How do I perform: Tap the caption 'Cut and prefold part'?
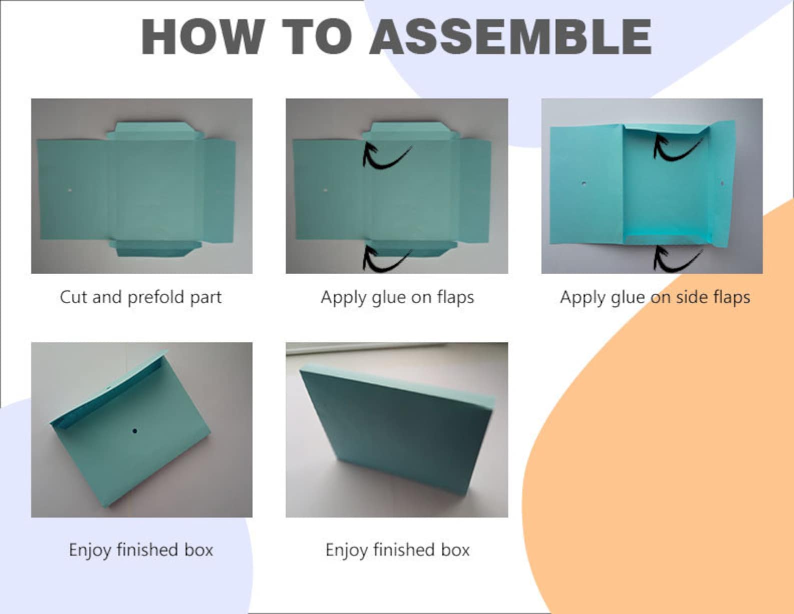140,297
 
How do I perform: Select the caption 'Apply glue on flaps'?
397,297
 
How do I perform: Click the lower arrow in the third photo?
675,259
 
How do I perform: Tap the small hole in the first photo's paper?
69,191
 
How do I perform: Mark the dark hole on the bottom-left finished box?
134,430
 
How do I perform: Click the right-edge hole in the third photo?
722,184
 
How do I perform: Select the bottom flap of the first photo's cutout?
152,249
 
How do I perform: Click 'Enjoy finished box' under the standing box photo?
397,550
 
